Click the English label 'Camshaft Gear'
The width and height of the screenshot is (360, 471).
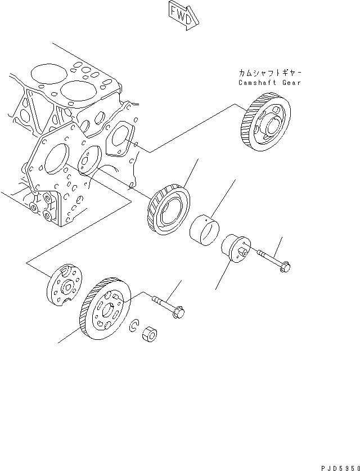(269, 83)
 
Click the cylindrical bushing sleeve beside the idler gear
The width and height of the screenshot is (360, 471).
(206, 227)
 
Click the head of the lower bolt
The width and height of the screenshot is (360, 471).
(181, 309)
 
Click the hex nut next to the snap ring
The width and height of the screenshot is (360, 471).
(150, 333)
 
